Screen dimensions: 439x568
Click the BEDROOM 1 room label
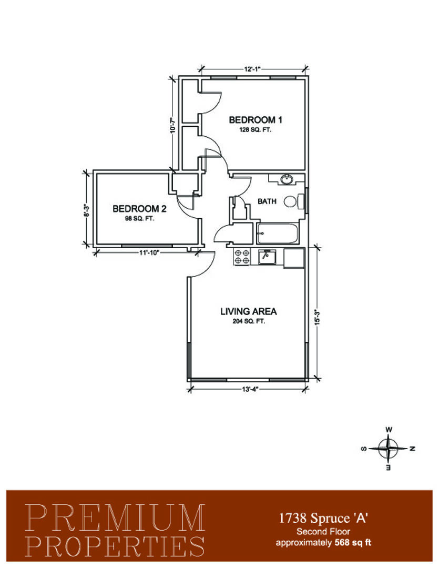coord(256,119)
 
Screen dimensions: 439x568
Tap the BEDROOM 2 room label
coord(139,209)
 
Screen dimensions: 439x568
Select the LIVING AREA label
coord(249,311)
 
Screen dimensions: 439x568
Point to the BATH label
coord(267,201)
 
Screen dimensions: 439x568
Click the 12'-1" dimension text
coord(252,68)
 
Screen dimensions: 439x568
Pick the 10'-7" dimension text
coord(173,124)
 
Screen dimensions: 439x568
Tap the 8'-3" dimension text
coord(86,210)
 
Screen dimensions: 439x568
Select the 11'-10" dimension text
coord(149,252)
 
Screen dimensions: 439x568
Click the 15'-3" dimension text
coord(318,317)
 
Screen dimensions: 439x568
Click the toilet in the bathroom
coord(294,201)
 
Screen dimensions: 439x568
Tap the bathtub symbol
coord(278,234)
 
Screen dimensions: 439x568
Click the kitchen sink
coord(267,257)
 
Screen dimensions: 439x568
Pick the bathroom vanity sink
coord(287,179)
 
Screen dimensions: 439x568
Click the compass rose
coord(388,449)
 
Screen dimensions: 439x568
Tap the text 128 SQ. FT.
coord(255,130)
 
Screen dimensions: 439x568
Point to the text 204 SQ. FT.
coord(249,321)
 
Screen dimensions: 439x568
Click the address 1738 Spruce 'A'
coord(323,519)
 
